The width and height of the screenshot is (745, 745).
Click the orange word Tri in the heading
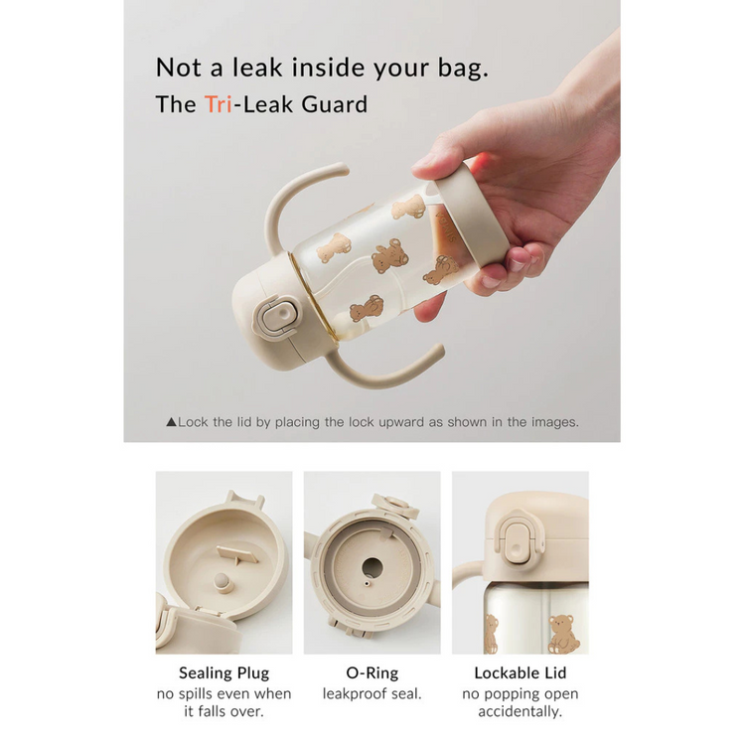click(x=219, y=104)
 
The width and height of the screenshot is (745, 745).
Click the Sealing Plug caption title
click(x=223, y=673)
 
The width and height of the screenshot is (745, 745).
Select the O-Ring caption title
click(x=372, y=672)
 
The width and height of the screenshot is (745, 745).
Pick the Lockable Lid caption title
click(x=521, y=672)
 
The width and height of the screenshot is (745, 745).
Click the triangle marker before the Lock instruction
click(x=171, y=422)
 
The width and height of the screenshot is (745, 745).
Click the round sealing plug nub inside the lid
click(x=223, y=582)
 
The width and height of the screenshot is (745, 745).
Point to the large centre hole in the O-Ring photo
click(x=372, y=567)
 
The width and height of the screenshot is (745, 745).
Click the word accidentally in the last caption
click(x=520, y=712)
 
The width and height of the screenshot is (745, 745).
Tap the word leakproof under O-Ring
click(x=348, y=694)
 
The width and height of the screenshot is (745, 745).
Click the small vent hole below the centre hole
click(x=367, y=583)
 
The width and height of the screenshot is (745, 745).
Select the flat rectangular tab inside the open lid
click(x=237, y=554)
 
